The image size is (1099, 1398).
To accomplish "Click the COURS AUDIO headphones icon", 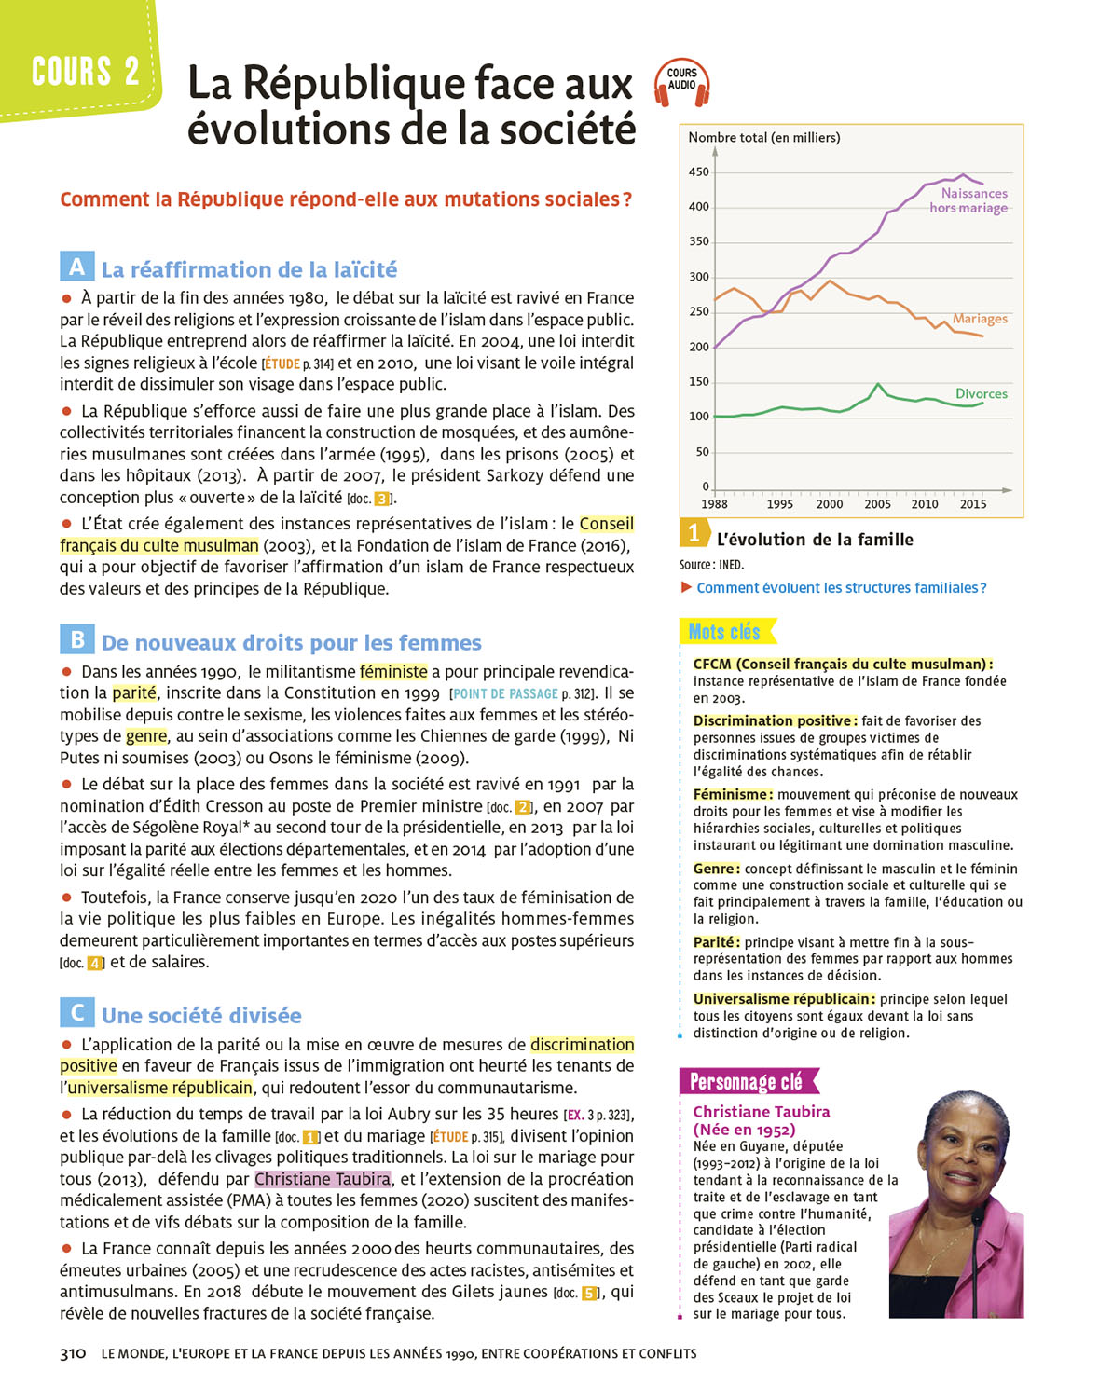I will [682, 81].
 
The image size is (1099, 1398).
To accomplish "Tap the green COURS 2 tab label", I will [85, 71].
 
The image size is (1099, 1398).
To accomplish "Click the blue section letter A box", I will [76, 267].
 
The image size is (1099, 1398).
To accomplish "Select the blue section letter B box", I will [76, 639].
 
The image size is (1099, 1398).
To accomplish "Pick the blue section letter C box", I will [76, 1012].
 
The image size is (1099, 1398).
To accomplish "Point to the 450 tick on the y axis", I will [699, 172].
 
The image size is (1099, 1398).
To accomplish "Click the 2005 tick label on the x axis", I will [877, 504].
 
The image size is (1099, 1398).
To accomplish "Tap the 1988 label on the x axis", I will [714, 504].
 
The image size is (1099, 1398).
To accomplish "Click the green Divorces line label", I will [981, 393].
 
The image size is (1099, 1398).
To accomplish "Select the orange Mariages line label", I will [980, 319].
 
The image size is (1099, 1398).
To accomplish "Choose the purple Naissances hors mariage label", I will [969, 200].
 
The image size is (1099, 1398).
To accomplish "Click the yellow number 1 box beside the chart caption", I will [693, 533].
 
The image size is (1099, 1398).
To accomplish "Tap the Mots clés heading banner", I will [725, 632].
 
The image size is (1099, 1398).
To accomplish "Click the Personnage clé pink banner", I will [747, 1081].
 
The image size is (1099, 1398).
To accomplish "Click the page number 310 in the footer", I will [73, 1353].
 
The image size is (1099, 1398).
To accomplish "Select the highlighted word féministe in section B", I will [392, 671].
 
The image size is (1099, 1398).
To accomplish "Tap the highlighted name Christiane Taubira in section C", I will [323, 1179].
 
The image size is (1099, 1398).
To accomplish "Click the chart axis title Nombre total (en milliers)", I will [763, 138].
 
